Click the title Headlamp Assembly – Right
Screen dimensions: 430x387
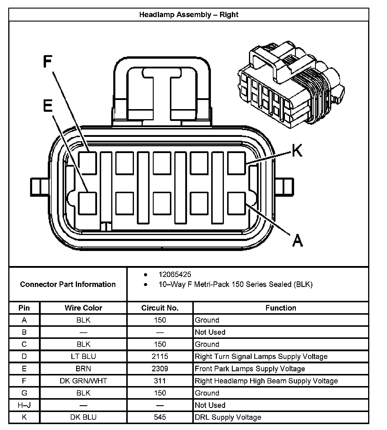tap(189, 15)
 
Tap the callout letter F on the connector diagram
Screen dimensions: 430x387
tap(47, 62)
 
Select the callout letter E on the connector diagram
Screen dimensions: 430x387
tap(48, 106)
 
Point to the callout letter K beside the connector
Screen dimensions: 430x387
tap(297, 150)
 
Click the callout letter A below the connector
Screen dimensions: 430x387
tap(297, 240)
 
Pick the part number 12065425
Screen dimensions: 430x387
tap(175, 275)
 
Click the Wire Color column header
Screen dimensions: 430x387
tap(83, 308)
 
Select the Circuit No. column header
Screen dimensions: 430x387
tap(160, 308)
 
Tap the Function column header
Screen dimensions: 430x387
tap(281, 308)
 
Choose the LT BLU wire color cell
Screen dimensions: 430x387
tap(83, 357)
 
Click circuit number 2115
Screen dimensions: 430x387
tap(160, 357)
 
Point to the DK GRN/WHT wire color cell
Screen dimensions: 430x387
tap(83, 381)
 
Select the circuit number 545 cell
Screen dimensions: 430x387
tap(160, 417)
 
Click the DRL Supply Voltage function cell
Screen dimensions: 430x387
tap(228, 417)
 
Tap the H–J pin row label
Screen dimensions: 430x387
tap(24, 405)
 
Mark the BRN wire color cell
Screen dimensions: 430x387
tap(83, 369)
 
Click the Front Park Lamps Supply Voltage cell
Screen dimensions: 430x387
tap(250, 369)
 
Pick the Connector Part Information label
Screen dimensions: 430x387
tap(68, 284)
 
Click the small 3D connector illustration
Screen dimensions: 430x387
tap(291, 86)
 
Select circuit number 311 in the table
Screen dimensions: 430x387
tap(160, 381)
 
